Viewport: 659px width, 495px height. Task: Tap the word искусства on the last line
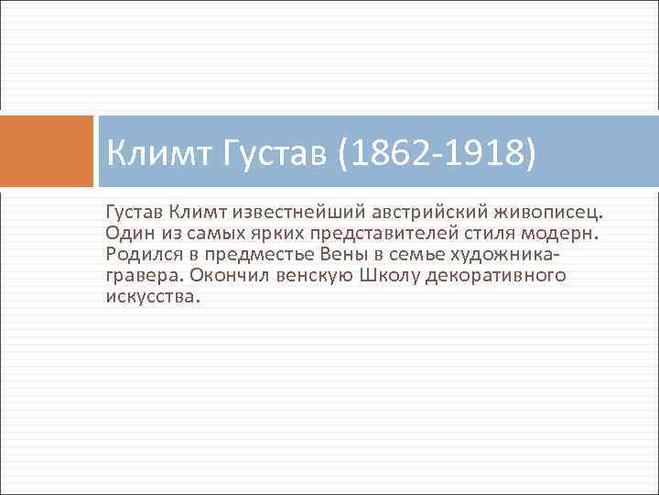coord(150,297)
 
